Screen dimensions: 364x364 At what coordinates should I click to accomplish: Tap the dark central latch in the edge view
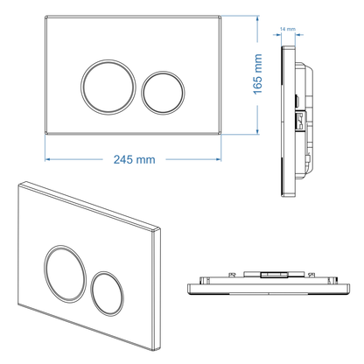(x=269, y=275)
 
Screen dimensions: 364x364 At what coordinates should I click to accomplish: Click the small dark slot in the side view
(x=299, y=99)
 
